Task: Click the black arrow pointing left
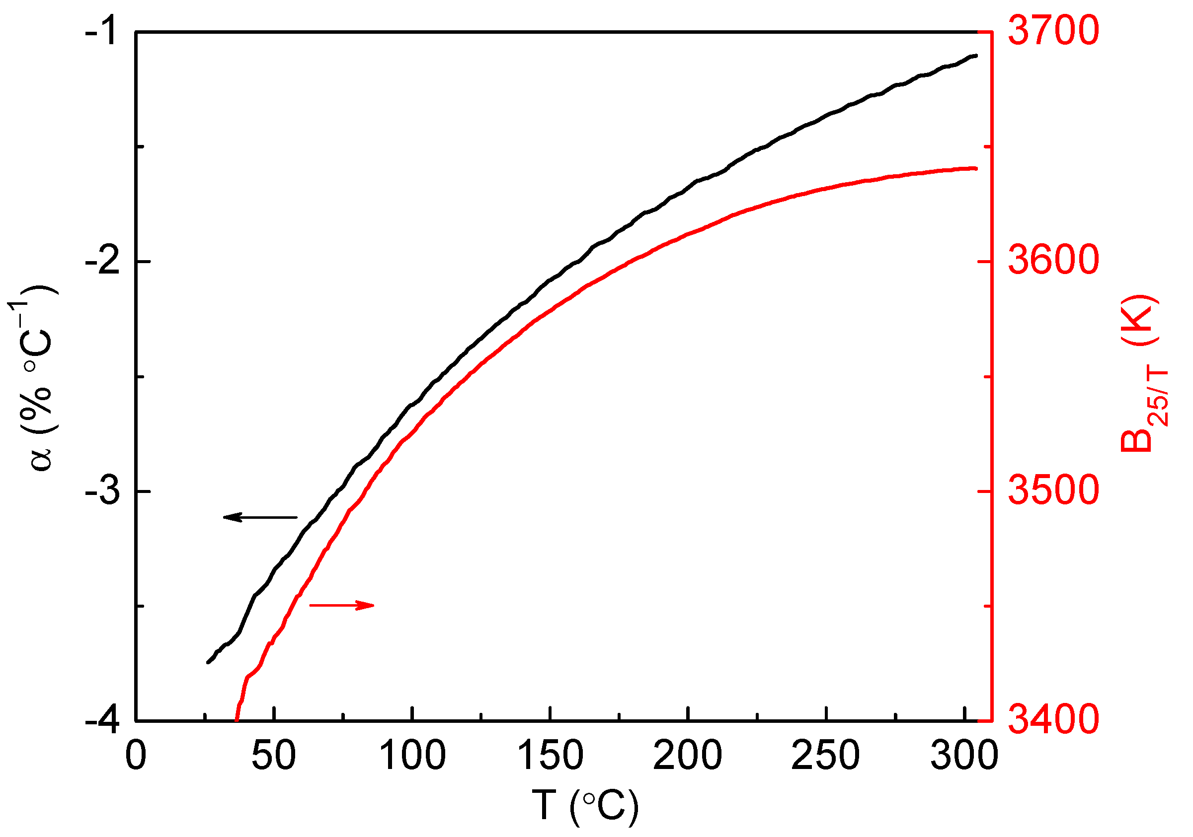[x=260, y=517]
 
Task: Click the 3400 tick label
[x=1053, y=720]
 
